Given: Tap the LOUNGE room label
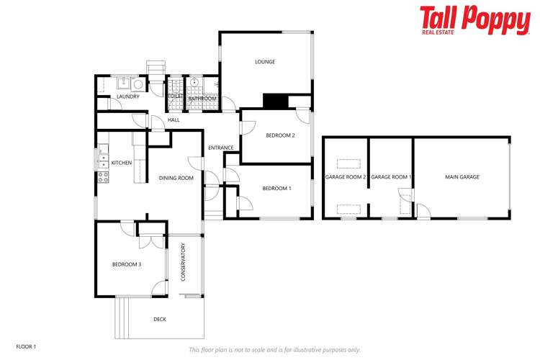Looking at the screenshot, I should point(265,62).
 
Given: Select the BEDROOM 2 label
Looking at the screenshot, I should point(280,135).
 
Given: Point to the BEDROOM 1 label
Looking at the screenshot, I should point(276,189).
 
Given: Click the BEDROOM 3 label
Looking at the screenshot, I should point(127,264).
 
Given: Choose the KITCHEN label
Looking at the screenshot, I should point(121,163).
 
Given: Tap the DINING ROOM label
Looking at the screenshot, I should point(176,178).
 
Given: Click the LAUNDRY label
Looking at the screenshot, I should point(127,96).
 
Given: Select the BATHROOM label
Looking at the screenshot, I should point(203,99).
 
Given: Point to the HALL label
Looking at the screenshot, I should point(174,120).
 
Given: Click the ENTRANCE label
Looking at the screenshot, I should point(221,148).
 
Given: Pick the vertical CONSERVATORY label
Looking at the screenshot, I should point(184,261).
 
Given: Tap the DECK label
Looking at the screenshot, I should point(160,319).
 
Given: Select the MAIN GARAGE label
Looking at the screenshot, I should point(462,177).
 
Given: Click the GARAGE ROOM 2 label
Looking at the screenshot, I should point(346,177).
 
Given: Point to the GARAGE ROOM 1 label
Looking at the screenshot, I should point(391,177).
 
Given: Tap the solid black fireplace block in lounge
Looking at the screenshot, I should point(274,102).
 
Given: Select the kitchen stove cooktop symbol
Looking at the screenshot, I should point(103,174).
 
